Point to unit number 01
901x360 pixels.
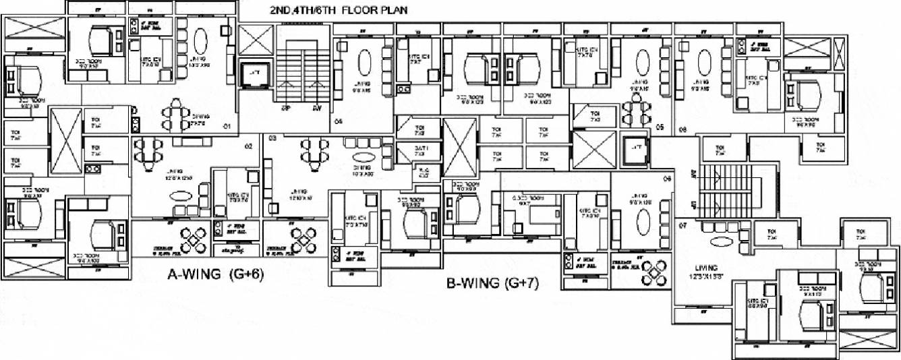[x=228, y=125]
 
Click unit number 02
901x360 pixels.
[x=248, y=146]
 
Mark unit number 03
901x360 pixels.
[x=273, y=138]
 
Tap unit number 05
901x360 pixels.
[x=661, y=126]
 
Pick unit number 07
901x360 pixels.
[x=682, y=227]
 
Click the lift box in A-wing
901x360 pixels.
[x=255, y=73]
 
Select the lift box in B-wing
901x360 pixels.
[x=633, y=152]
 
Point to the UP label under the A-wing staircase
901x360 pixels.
[x=285, y=108]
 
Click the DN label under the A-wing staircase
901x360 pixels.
[x=316, y=108]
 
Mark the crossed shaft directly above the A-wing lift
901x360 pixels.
[x=256, y=40]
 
